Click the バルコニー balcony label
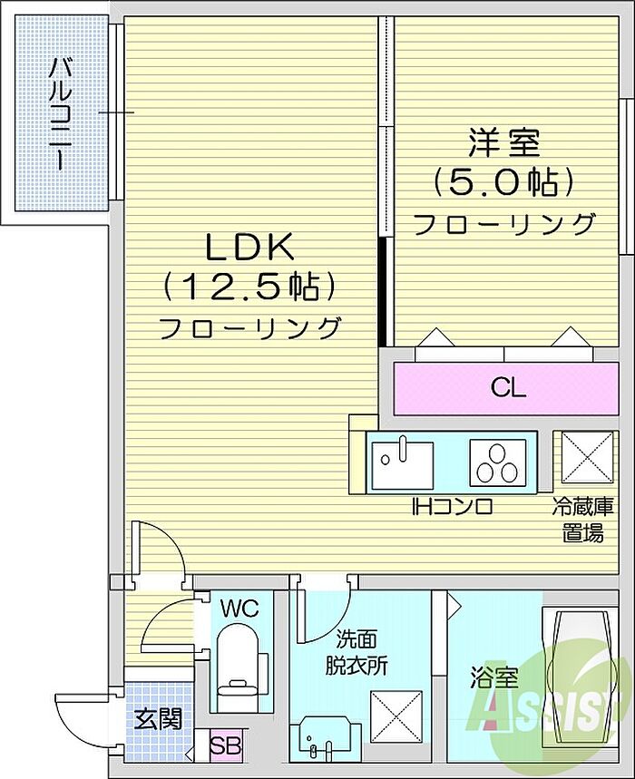tap(61, 114)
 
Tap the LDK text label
tap(250, 247)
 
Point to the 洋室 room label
tap(503, 142)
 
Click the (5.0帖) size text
tap(503, 182)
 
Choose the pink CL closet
tap(506, 388)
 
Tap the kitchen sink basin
tap(403, 465)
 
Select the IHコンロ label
tap(452, 507)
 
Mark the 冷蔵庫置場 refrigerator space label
tap(583, 520)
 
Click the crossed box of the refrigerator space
tap(586, 457)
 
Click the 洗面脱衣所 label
tap(357, 652)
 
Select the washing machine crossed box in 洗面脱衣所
tap(396, 716)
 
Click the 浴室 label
tap(494, 677)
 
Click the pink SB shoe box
tap(226, 745)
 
